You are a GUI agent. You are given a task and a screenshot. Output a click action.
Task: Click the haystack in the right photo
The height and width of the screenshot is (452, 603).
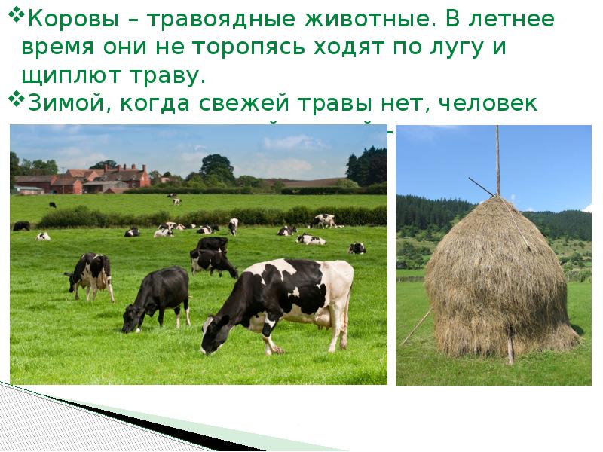(497, 275)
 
